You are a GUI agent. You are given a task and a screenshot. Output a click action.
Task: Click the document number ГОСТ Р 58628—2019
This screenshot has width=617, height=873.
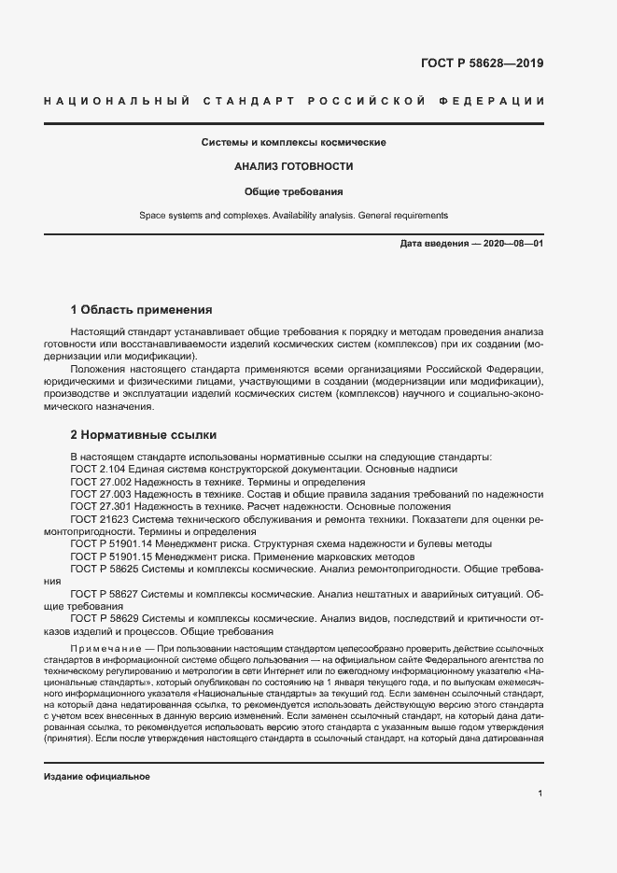(x=482, y=64)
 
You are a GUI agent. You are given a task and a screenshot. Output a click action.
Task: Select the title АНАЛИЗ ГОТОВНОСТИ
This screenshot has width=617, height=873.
(x=294, y=167)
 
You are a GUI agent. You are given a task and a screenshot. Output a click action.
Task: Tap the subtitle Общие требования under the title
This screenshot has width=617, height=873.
(x=294, y=191)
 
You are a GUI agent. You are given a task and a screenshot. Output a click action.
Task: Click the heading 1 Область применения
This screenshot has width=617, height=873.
(x=142, y=309)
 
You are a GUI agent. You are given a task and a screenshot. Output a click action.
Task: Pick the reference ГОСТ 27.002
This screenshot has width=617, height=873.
(x=101, y=482)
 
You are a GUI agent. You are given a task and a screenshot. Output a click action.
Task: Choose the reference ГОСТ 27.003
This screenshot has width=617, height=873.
(x=101, y=494)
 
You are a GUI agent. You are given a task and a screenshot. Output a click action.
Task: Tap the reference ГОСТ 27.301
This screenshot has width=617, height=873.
(x=101, y=506)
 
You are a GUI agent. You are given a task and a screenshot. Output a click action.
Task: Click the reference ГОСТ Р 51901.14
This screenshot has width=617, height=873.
(x=111, y=543)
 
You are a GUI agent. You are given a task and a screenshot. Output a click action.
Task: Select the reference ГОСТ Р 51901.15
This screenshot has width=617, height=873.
(x=111, y=556)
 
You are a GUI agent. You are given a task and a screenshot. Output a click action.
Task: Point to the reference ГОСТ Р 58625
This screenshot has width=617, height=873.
(x=104, y=568)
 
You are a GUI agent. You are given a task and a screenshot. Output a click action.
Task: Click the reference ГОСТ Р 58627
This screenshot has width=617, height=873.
(x=104, y=593)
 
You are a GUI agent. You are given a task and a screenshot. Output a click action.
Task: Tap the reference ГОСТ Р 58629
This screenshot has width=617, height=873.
(x=104, y=617)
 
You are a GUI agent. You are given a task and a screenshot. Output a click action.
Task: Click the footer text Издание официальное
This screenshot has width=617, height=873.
(x=97, y=777)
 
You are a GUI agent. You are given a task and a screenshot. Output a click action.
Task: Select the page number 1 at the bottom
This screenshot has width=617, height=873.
(x=540, y=794)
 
